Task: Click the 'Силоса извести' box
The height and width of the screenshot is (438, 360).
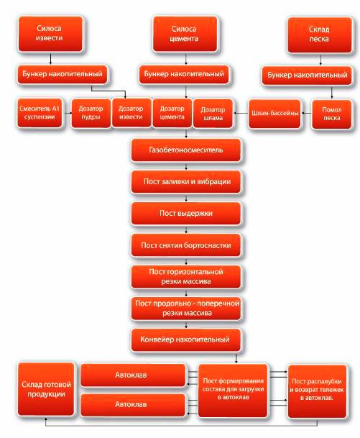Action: (50, 34)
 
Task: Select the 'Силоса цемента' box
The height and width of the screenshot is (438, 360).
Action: (185, 34)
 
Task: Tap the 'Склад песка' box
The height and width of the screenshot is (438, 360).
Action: (320, 35)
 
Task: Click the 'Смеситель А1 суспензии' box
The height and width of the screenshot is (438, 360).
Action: (40, 113)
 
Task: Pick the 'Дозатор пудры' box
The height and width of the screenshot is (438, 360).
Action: (91, 113)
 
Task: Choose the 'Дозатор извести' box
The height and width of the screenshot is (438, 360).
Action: (131, 113)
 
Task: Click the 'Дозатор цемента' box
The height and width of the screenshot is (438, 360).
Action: (172, 113)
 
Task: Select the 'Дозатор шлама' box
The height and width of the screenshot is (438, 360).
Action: (213, 114)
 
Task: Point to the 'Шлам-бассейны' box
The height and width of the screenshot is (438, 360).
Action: (275, 114)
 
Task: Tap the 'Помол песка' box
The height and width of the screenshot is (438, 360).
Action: (331, 114)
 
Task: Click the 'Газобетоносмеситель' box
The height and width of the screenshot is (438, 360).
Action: (186, 150)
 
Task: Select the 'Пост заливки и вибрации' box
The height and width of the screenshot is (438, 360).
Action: (186, 182)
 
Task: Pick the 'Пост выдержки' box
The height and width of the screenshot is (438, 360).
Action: (186, 214)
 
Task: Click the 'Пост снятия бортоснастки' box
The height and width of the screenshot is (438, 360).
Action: (186, 245)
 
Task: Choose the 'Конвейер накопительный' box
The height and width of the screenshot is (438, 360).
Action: (186, 339)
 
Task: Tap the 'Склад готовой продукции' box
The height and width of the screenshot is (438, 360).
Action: (46, 389)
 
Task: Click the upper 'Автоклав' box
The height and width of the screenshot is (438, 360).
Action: (133, 375)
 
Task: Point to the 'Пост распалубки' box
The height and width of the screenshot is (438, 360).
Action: (317, 391)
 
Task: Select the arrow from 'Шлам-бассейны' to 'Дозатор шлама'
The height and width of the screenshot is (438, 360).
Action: (241, 113)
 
